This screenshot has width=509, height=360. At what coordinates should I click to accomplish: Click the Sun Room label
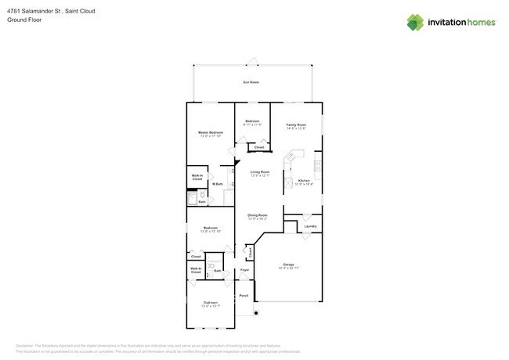pos(251,82)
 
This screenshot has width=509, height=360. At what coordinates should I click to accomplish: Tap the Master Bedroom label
pos(210,133)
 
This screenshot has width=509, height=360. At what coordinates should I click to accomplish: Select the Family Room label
pos(295,125)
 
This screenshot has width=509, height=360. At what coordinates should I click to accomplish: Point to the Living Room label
pos(259,171)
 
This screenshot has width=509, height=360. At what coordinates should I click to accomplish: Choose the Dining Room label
pos(258,214)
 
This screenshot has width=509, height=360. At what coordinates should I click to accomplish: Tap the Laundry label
pos(310,226)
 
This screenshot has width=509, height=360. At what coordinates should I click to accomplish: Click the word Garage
pos(289,265)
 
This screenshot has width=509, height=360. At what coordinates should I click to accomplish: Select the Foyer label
pos(244,270)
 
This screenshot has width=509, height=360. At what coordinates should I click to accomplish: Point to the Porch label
pos(244,296)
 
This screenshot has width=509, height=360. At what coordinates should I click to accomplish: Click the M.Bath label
pos(218,184)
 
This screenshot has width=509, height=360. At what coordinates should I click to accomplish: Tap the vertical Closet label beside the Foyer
pos(250,252)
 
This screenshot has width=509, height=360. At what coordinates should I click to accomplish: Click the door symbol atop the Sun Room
pos(251,62)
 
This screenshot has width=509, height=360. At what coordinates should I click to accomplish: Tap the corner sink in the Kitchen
pos(290,157)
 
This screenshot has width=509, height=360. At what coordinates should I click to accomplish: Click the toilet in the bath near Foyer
pos(212,265)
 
